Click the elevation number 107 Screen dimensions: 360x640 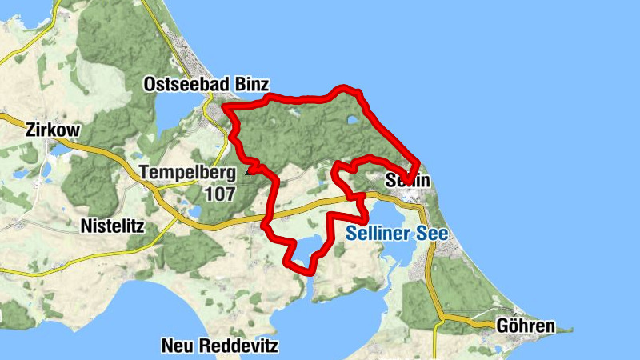tap(219, 194)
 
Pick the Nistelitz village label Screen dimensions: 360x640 tap(112, 226)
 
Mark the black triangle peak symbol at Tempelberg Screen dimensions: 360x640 tap(254, 169)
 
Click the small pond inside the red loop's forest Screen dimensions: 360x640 tap(354, 122)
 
